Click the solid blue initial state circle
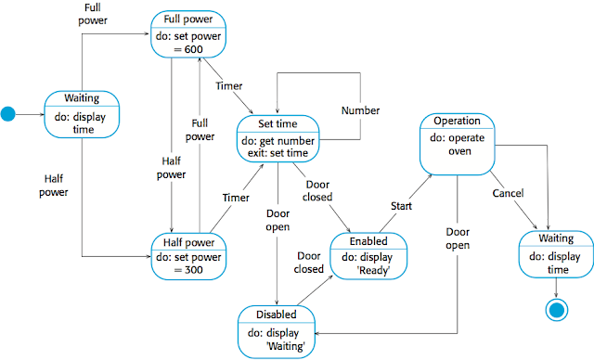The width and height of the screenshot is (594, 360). (x=9, y=115)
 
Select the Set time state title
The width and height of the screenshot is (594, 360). (x=278, y=124)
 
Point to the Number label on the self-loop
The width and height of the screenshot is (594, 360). (x=361, y=110)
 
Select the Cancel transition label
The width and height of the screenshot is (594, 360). (x=508, y=193)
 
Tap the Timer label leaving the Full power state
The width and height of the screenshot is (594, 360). (x=229, y=85)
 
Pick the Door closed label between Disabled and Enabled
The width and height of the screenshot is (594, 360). (x=308, y=262)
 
